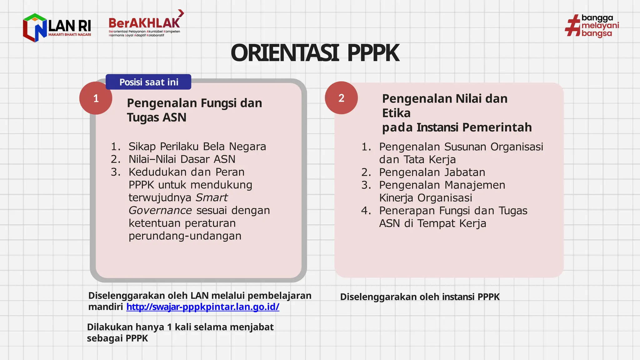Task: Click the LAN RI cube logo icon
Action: (35, 27)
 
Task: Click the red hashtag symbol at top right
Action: (573, 26)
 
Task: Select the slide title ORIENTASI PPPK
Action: (315, 53)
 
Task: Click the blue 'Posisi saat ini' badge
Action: (148, 82)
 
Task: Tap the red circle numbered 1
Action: (96, 98)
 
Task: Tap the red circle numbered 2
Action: (341, 98)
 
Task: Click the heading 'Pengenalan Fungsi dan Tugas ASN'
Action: (194, 110)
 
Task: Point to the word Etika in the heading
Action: (396, 113)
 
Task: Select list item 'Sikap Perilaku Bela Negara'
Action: (197, 146)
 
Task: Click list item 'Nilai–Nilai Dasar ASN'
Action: (182, 159)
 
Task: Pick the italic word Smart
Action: (212, 197)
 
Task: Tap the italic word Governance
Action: (160, 210)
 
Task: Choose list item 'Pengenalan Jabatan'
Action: (432, 172)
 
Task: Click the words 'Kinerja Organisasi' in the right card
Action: (426, 198)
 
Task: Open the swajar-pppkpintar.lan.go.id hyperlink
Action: (202, 307)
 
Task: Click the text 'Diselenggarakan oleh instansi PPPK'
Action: (420, 297)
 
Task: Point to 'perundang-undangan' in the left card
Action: (185, 236)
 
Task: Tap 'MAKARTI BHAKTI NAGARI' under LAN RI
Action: (69, 35)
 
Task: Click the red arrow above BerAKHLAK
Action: (181, 13)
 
